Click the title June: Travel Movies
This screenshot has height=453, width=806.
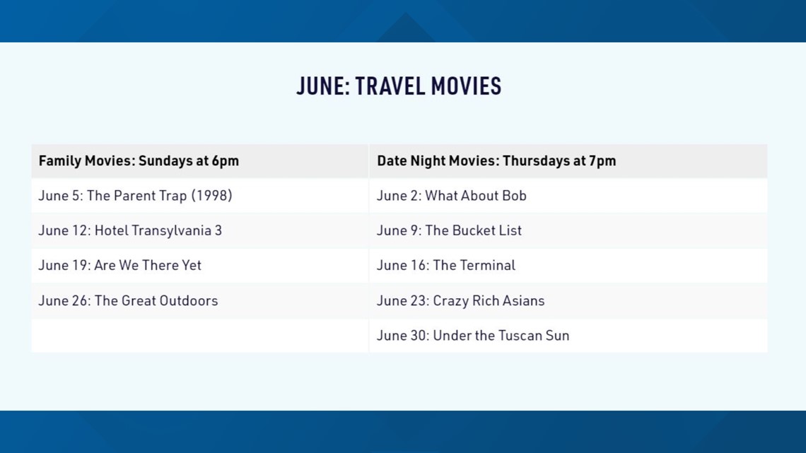[x=398, y=86]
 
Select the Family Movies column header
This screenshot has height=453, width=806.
[x=139, y=160]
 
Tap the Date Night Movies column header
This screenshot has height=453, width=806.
[x=496, y=160]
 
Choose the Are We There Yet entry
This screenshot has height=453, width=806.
[x=119, y=265]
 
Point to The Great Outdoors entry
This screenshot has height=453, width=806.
[x=128, y=300]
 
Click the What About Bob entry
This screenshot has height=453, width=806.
[x=451, y=196]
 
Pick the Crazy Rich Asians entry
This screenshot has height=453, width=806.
[x=460, y=300]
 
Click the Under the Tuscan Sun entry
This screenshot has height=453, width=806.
[x=473, y=336]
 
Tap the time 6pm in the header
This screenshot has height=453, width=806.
[x=226, y=161]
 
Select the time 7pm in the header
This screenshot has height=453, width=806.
[x=602, y=161]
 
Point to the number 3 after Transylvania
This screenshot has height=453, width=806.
[x=218, y=230]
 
